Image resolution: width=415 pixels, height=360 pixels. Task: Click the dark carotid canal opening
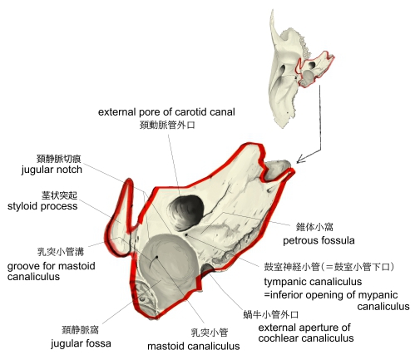tap(185, 213)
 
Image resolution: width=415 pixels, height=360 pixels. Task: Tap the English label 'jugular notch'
tap(52, 170)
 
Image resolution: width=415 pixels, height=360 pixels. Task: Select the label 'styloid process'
tap(42, 206)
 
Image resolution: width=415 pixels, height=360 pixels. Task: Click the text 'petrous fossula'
tap(319, 240)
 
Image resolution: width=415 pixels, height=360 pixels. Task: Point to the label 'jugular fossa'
tap(81, 343)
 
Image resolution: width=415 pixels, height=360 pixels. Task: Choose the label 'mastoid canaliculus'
tap(194, 346)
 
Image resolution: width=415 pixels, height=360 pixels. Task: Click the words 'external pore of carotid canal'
tap(166, 112)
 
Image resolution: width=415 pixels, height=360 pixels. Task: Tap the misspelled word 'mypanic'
tap(378, 295)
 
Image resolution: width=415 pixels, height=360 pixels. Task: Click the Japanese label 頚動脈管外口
tap(167, 125)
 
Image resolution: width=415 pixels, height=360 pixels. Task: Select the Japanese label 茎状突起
tap(59, 195)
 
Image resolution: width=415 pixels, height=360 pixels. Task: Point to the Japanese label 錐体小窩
tap(314, 227)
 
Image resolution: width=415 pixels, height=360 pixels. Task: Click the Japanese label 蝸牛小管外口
tap(270, 314)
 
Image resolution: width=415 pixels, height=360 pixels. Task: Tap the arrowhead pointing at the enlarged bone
tap(300, 160)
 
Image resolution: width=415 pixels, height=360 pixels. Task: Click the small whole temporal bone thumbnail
tap(299, 69)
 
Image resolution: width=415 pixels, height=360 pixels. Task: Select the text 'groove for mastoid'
tap(52, 266)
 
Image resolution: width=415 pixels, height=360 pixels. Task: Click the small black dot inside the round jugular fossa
tap(156, 257)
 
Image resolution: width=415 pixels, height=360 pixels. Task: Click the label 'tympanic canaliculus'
tap(313, 282)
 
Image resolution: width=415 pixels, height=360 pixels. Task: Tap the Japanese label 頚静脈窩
tap(80, 330)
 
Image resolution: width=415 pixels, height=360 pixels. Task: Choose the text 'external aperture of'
tap(304, 328)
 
